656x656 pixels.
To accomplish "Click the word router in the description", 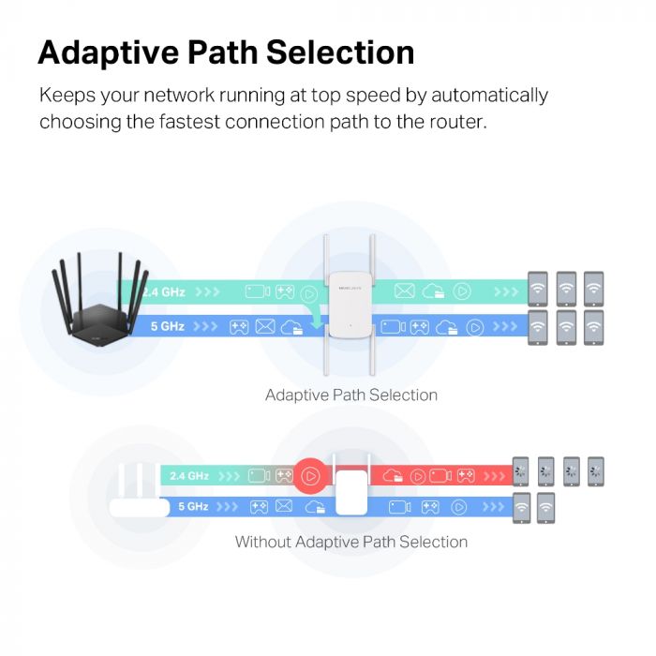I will coord(455,123).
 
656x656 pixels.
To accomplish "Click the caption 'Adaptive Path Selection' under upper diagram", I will coord(350,395).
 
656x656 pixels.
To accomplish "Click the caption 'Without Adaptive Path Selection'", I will coord(350,542).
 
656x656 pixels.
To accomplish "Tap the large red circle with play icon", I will coord(311,476).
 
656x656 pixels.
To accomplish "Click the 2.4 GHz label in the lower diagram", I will coord(189,476).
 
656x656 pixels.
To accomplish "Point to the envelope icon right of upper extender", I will coord(404,291).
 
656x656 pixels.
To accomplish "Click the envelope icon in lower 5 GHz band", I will coord(283,506).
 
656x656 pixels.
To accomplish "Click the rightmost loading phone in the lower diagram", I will coord(595,470).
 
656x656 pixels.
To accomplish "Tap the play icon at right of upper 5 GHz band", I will coord(475,326).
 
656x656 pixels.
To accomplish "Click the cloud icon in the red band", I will coord(393,476).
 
